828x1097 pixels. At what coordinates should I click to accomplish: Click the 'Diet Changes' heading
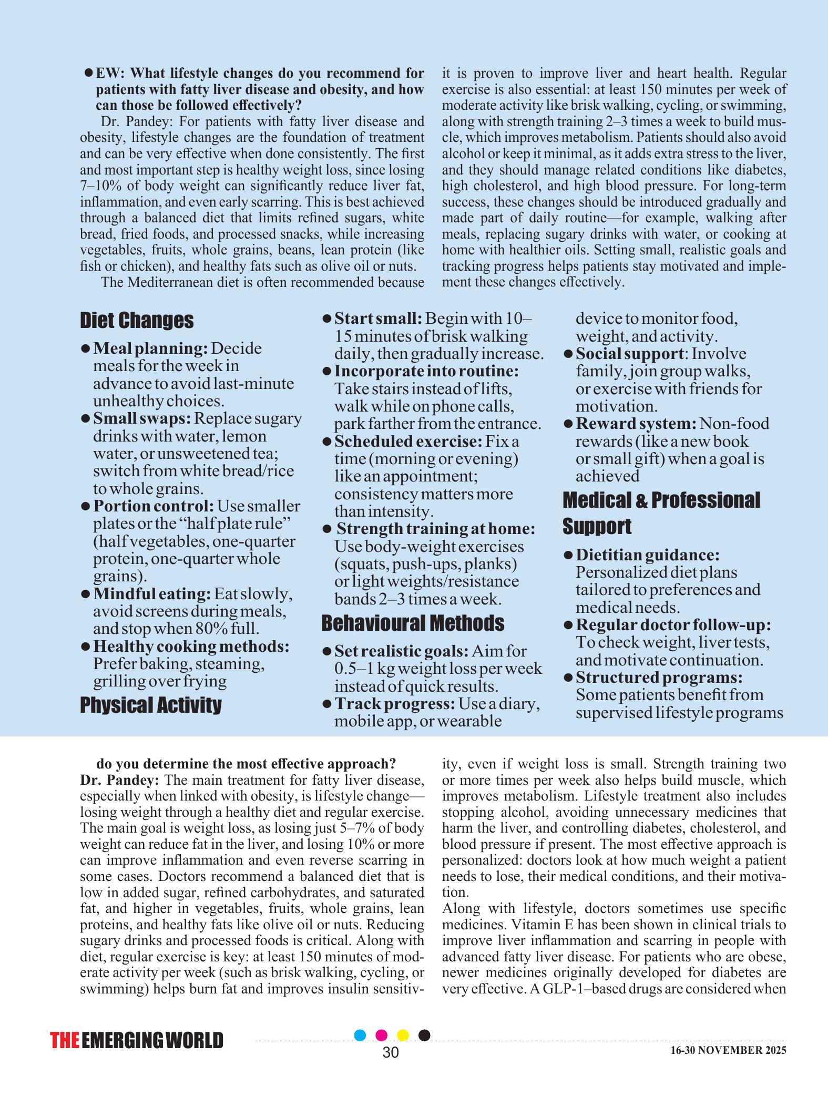pos(137,320)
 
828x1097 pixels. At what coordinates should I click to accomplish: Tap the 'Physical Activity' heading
pos(151,705)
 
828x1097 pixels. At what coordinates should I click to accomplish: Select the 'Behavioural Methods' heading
pos(412,623)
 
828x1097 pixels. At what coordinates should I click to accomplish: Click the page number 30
pos(391,1052)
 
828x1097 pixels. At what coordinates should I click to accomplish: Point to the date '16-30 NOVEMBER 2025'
pos(728,1050)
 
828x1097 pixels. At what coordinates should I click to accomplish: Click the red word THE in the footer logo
pos(65,1041)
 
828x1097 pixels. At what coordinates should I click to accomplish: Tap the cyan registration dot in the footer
pos(360,1035)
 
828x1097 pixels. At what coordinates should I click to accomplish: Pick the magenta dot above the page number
pos(382,1035)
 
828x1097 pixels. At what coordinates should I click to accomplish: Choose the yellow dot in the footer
pos(403,1035)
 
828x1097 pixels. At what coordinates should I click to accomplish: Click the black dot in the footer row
pos(424,1035)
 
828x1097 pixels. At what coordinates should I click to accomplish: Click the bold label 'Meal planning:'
pos(151,348)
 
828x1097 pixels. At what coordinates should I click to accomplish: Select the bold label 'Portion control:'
pos(154,506)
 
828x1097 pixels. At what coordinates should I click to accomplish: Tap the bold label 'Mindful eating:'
pos(152,594)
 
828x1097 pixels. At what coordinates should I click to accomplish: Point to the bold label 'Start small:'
pos(379,319)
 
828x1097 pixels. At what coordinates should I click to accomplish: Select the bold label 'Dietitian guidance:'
pos(648,555)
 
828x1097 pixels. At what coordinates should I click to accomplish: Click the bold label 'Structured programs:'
pos(659,677)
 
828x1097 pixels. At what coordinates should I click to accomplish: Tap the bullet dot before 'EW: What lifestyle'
pos(89,72)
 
